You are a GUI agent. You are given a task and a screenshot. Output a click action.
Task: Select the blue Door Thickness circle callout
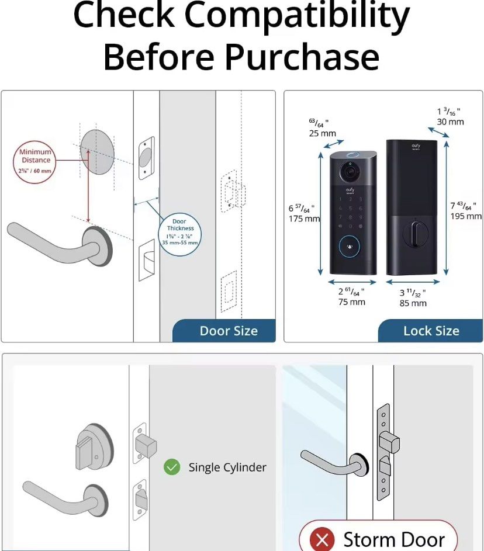(x=179, y=232)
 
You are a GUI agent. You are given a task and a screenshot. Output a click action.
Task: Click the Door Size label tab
(x=228, y=331)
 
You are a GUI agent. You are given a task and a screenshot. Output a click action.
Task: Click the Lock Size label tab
(x=431, y=331)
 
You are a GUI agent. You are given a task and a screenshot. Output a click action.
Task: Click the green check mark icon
(x=172, y=467)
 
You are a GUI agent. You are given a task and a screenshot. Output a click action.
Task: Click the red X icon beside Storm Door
(x=321, y=539)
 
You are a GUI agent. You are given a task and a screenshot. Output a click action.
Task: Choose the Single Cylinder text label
(x=227, y=467)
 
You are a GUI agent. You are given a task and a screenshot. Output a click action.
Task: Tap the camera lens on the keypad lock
(x=350, y=173)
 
